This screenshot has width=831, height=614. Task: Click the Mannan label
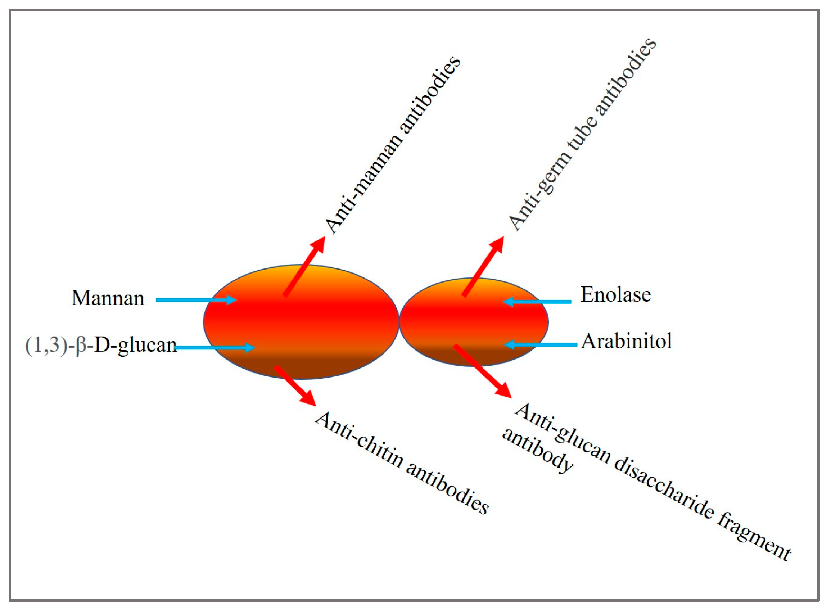click(108, 298)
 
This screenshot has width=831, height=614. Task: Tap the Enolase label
click(615, 295)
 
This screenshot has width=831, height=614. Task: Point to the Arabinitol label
click(627, 341)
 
